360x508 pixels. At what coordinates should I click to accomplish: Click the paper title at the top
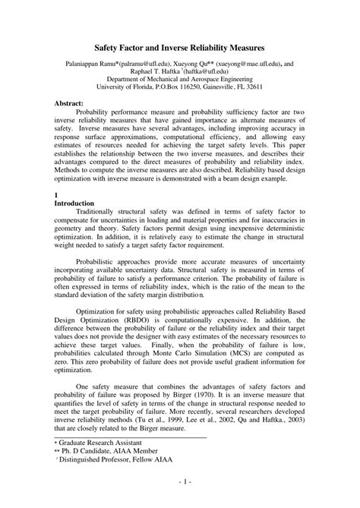pyautogui.click(x=180, y=47)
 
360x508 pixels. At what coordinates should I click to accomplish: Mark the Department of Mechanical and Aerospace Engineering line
pyautogui.click(x=180, y=79)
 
